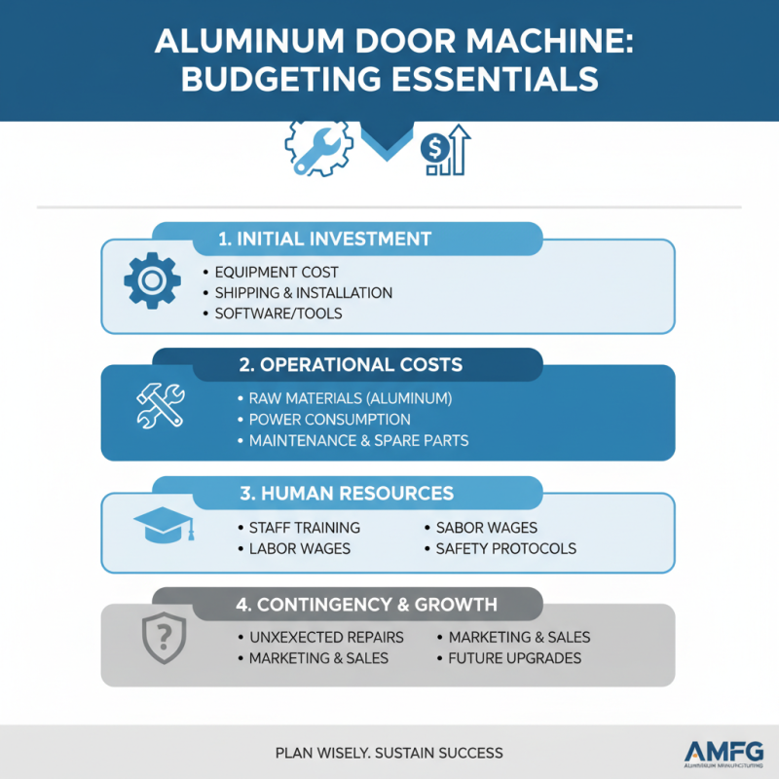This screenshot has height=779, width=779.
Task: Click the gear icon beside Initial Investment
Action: point(151,281)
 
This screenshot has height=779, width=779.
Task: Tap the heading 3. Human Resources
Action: point(347,493)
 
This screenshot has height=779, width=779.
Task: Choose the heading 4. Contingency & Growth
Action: point(366,605)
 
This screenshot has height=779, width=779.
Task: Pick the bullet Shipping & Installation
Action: point(303,293)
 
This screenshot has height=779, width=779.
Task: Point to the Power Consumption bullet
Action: point(329,420)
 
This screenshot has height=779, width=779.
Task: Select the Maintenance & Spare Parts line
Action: point(358,441)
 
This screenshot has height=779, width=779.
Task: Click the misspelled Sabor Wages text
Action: point(486,528)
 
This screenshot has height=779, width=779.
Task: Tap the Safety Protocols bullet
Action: point(505,549)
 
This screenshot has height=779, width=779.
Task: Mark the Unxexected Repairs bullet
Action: point(319,638)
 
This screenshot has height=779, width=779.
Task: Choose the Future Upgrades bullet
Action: point(514,659)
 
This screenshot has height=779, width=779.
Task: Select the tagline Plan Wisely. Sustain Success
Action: point(389,753)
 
